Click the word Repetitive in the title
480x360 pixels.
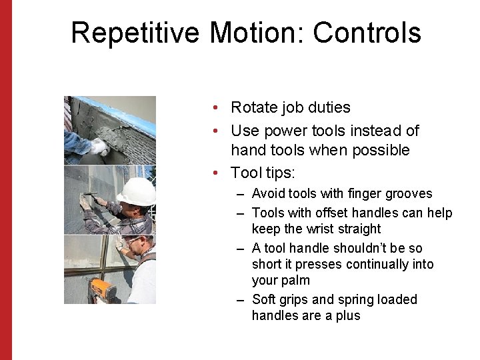(x=136, y=33)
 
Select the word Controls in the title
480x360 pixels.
(x=367, y=33)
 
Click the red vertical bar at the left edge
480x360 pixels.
(x=6, y=180)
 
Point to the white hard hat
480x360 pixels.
(x=137, y=191)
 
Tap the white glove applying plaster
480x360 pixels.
(x=99, y=146)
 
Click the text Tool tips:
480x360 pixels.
(x=262, y=173)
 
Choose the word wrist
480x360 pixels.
(x=324, y=229)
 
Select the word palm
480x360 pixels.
(x=295, y=281)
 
